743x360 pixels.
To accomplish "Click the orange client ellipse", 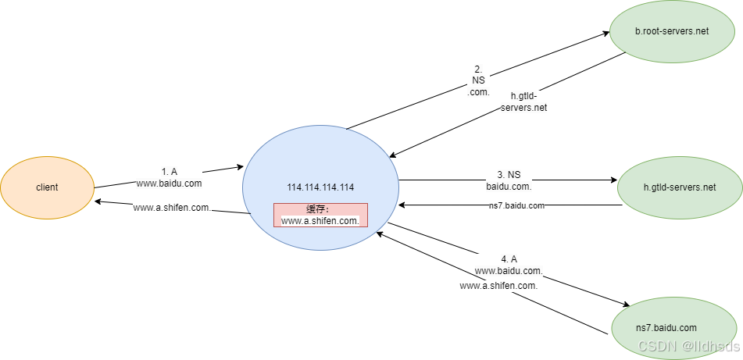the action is point(47,187).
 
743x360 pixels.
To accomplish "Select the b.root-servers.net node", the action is point(671,32).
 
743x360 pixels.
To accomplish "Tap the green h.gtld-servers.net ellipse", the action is point(679,187).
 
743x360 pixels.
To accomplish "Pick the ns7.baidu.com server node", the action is point(665,327).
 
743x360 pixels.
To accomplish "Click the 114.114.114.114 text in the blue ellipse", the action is point(320,187).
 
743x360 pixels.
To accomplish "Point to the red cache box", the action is point(320,215).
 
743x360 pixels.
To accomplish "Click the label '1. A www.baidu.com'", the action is point(170,178).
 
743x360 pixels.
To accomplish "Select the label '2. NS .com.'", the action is point(478,80).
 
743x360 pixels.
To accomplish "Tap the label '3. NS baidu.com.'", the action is point(509,180).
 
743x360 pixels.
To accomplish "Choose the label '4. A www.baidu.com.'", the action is point(509,265).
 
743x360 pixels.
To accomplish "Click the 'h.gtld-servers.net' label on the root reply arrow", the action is point(523,102).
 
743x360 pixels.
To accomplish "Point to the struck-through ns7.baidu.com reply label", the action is point(516,205).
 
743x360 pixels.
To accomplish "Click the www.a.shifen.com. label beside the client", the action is point(171,208).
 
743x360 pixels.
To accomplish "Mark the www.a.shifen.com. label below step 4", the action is point(498,286).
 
